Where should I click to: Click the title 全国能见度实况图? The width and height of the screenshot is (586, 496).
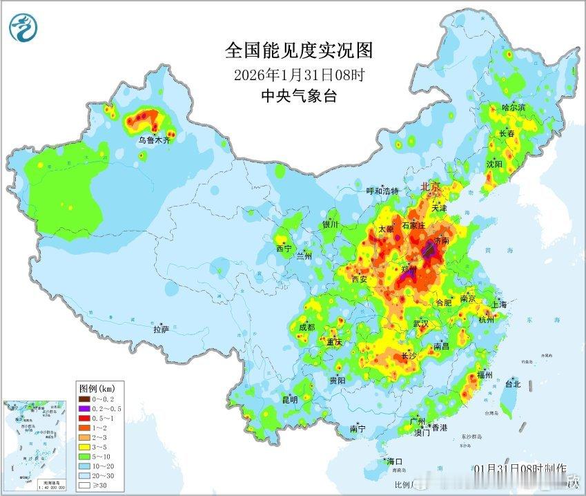(298, 50)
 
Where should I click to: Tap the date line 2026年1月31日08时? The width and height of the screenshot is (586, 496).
(298, 75)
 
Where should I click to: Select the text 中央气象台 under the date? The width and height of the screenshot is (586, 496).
(298, 96)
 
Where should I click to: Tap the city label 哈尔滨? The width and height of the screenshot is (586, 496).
(514, 108)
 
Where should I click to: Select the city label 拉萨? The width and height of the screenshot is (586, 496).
(161, 330)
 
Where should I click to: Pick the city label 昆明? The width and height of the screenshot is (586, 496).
(289, 399)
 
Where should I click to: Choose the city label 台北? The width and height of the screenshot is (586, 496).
(513, 383)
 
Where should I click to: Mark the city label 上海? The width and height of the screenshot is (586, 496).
(498, 304)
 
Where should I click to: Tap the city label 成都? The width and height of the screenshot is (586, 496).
(308, 327)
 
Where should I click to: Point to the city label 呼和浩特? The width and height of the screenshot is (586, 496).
(382, 191)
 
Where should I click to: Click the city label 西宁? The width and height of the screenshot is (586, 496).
(284, 248)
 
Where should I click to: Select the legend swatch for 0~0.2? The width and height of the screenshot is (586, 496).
(84, 399)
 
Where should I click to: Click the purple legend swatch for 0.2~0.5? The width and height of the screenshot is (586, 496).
(84, 408)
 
